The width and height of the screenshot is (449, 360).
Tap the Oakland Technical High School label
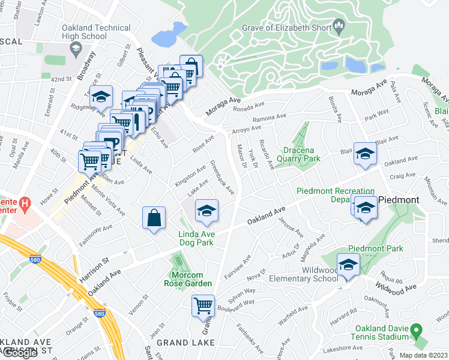click(96, 32)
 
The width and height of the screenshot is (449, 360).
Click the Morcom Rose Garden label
click(188, 279)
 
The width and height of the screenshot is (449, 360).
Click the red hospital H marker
click(24, 203)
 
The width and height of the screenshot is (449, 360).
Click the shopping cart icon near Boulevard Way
click(203, 305)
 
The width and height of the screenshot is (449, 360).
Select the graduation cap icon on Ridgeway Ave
click(101, 97)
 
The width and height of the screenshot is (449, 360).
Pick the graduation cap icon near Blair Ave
click(365, 154)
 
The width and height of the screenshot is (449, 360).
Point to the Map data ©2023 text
click(423, 355)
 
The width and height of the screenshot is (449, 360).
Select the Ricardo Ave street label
click(266, 154)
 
